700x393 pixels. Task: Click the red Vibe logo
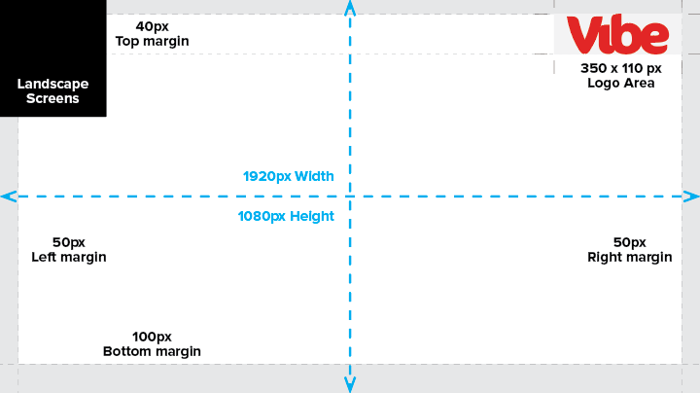coord(618,34)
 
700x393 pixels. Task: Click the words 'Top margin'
coord(153,41)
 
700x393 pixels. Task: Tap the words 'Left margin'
coord(69,257)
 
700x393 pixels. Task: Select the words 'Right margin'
coord(629,257)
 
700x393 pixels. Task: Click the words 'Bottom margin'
coord(152,351)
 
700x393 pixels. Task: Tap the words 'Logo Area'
coord(621,83)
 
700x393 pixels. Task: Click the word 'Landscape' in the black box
coord(52,84)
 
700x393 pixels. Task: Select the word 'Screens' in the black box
coord(52,98)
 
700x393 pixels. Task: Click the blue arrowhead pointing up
coord(350,8)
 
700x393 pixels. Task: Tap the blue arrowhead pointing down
coord(350,384)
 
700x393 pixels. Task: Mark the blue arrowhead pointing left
coord(9,196)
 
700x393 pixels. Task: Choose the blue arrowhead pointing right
coord(691,196)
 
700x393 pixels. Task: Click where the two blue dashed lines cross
coord(350,196)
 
